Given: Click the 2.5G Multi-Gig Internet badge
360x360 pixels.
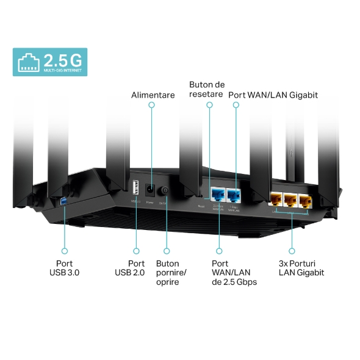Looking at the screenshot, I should point(50,62).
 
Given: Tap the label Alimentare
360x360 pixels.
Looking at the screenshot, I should point(153,95).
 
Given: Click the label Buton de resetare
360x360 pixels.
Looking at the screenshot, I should point(207,89).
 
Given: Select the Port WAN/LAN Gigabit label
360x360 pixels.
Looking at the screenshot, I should point(273,95).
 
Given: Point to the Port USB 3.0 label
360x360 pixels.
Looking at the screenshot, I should point(64,267).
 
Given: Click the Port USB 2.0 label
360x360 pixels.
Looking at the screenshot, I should point(130,267).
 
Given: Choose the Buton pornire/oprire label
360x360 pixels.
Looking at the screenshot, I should point(172,272).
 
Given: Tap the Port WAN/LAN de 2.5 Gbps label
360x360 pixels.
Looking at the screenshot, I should point(234,272).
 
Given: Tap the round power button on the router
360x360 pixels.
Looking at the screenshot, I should point(164,190).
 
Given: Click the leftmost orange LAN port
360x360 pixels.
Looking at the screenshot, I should point(276,199).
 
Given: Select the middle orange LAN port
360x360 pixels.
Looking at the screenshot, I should point(290,199).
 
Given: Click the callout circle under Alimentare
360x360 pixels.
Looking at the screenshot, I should point(152,106).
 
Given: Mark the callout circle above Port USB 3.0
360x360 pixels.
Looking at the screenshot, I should point(64,250).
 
